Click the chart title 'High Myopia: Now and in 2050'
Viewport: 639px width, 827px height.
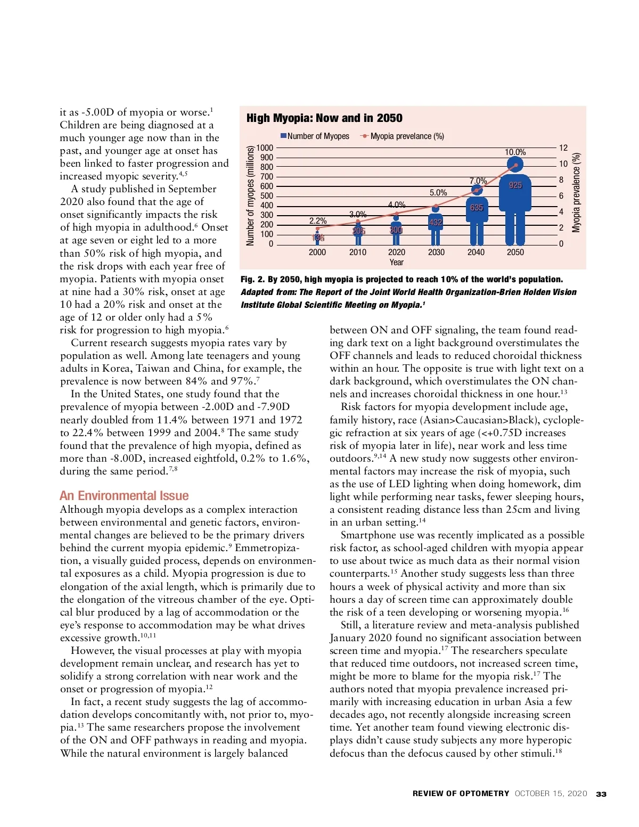point(324,118)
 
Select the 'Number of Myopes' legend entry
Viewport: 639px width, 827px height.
point(315,136)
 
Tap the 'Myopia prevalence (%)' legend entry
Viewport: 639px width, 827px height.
point(403,136)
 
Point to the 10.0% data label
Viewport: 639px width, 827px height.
point(515,152)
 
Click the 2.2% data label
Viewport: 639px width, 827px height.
point(318,220)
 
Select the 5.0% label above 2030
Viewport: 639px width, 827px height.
point(438,193)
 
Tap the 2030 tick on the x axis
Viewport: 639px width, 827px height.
point(436,252)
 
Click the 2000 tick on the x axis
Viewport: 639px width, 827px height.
point(317,252)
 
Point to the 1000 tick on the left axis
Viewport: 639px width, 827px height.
point(265,148)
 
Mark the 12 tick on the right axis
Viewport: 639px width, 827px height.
point(563,148)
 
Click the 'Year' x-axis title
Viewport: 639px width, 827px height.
point(397,262)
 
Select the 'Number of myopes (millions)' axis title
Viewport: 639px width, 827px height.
point(250,196)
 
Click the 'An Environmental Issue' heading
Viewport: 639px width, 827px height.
point(124,496)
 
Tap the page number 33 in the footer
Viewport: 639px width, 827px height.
point(601,794)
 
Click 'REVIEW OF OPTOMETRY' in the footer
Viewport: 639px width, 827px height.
point(461,793)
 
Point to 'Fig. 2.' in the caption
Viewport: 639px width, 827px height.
point(252,280)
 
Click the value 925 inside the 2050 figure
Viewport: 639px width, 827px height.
point(515,185)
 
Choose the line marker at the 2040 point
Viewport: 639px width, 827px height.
point(477,190)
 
